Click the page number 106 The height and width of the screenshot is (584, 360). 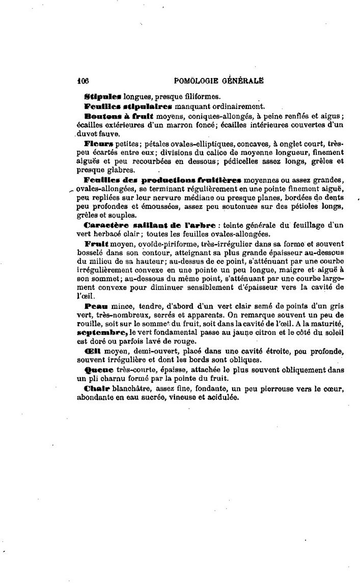(x=83, y=80)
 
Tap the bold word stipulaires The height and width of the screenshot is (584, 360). (x=147, y=107)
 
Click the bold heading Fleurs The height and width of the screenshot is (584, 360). (x=98, y=144)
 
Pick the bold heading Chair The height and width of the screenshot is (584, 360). (x=96, y=388)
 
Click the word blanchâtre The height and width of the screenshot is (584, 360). (x=130, y=389)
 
